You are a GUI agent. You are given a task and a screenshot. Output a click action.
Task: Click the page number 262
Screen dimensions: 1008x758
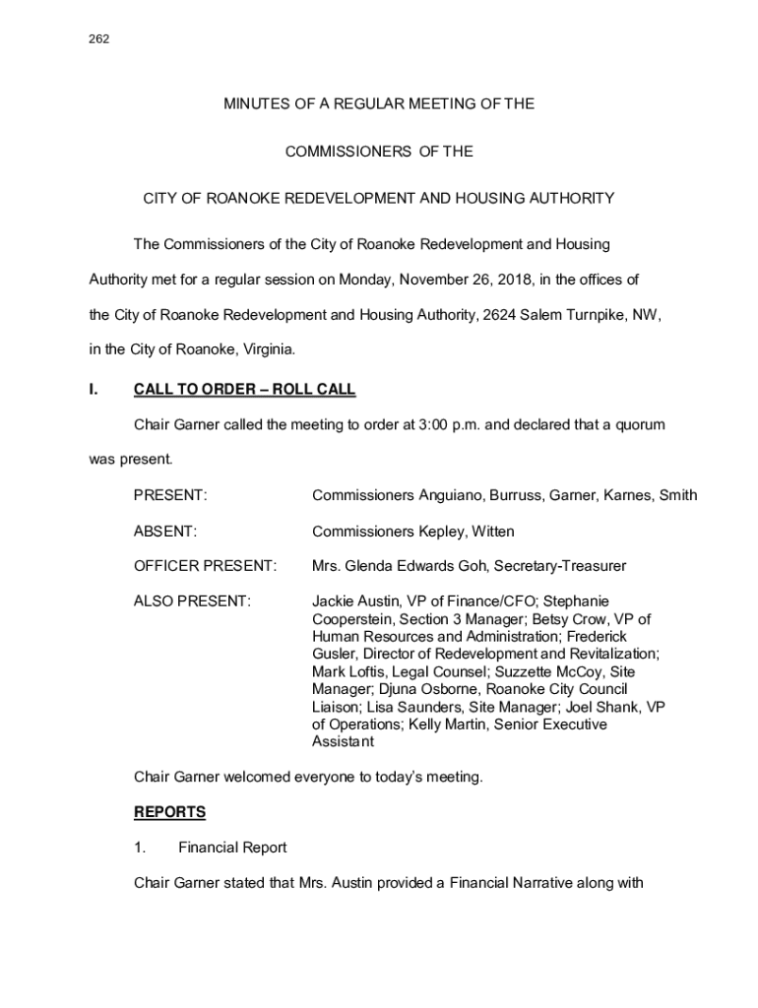point(98,39)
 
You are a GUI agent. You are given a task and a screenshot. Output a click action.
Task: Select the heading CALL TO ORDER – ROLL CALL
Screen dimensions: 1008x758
point(244,391)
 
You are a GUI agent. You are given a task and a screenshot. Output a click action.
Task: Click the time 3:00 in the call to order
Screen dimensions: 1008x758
point(437,425)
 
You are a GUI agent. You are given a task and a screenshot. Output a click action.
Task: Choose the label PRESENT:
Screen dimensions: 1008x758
point(170,496)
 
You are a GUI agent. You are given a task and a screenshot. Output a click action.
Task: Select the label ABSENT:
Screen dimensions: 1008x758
point(165,532)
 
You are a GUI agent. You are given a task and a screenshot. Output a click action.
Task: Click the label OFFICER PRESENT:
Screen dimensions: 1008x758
point(206,567)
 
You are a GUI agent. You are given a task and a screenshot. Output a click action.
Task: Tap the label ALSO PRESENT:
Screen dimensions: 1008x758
point(192,600)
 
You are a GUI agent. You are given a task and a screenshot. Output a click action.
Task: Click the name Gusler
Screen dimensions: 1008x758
point(334,655)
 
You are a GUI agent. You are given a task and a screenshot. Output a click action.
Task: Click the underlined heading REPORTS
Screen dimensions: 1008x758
point(170,813)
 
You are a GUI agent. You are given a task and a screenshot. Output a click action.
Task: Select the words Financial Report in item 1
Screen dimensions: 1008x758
point(232,848)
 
